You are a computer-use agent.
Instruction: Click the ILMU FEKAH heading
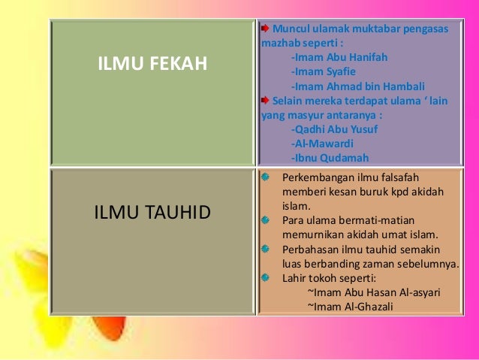click(x=152, y=65)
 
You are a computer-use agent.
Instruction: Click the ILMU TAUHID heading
click(x=152, y=212)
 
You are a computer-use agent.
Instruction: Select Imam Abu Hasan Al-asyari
click(x=374, y=292)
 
